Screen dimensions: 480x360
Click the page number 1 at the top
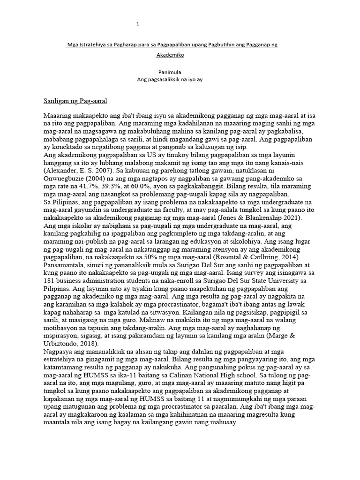tap(138, 23)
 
